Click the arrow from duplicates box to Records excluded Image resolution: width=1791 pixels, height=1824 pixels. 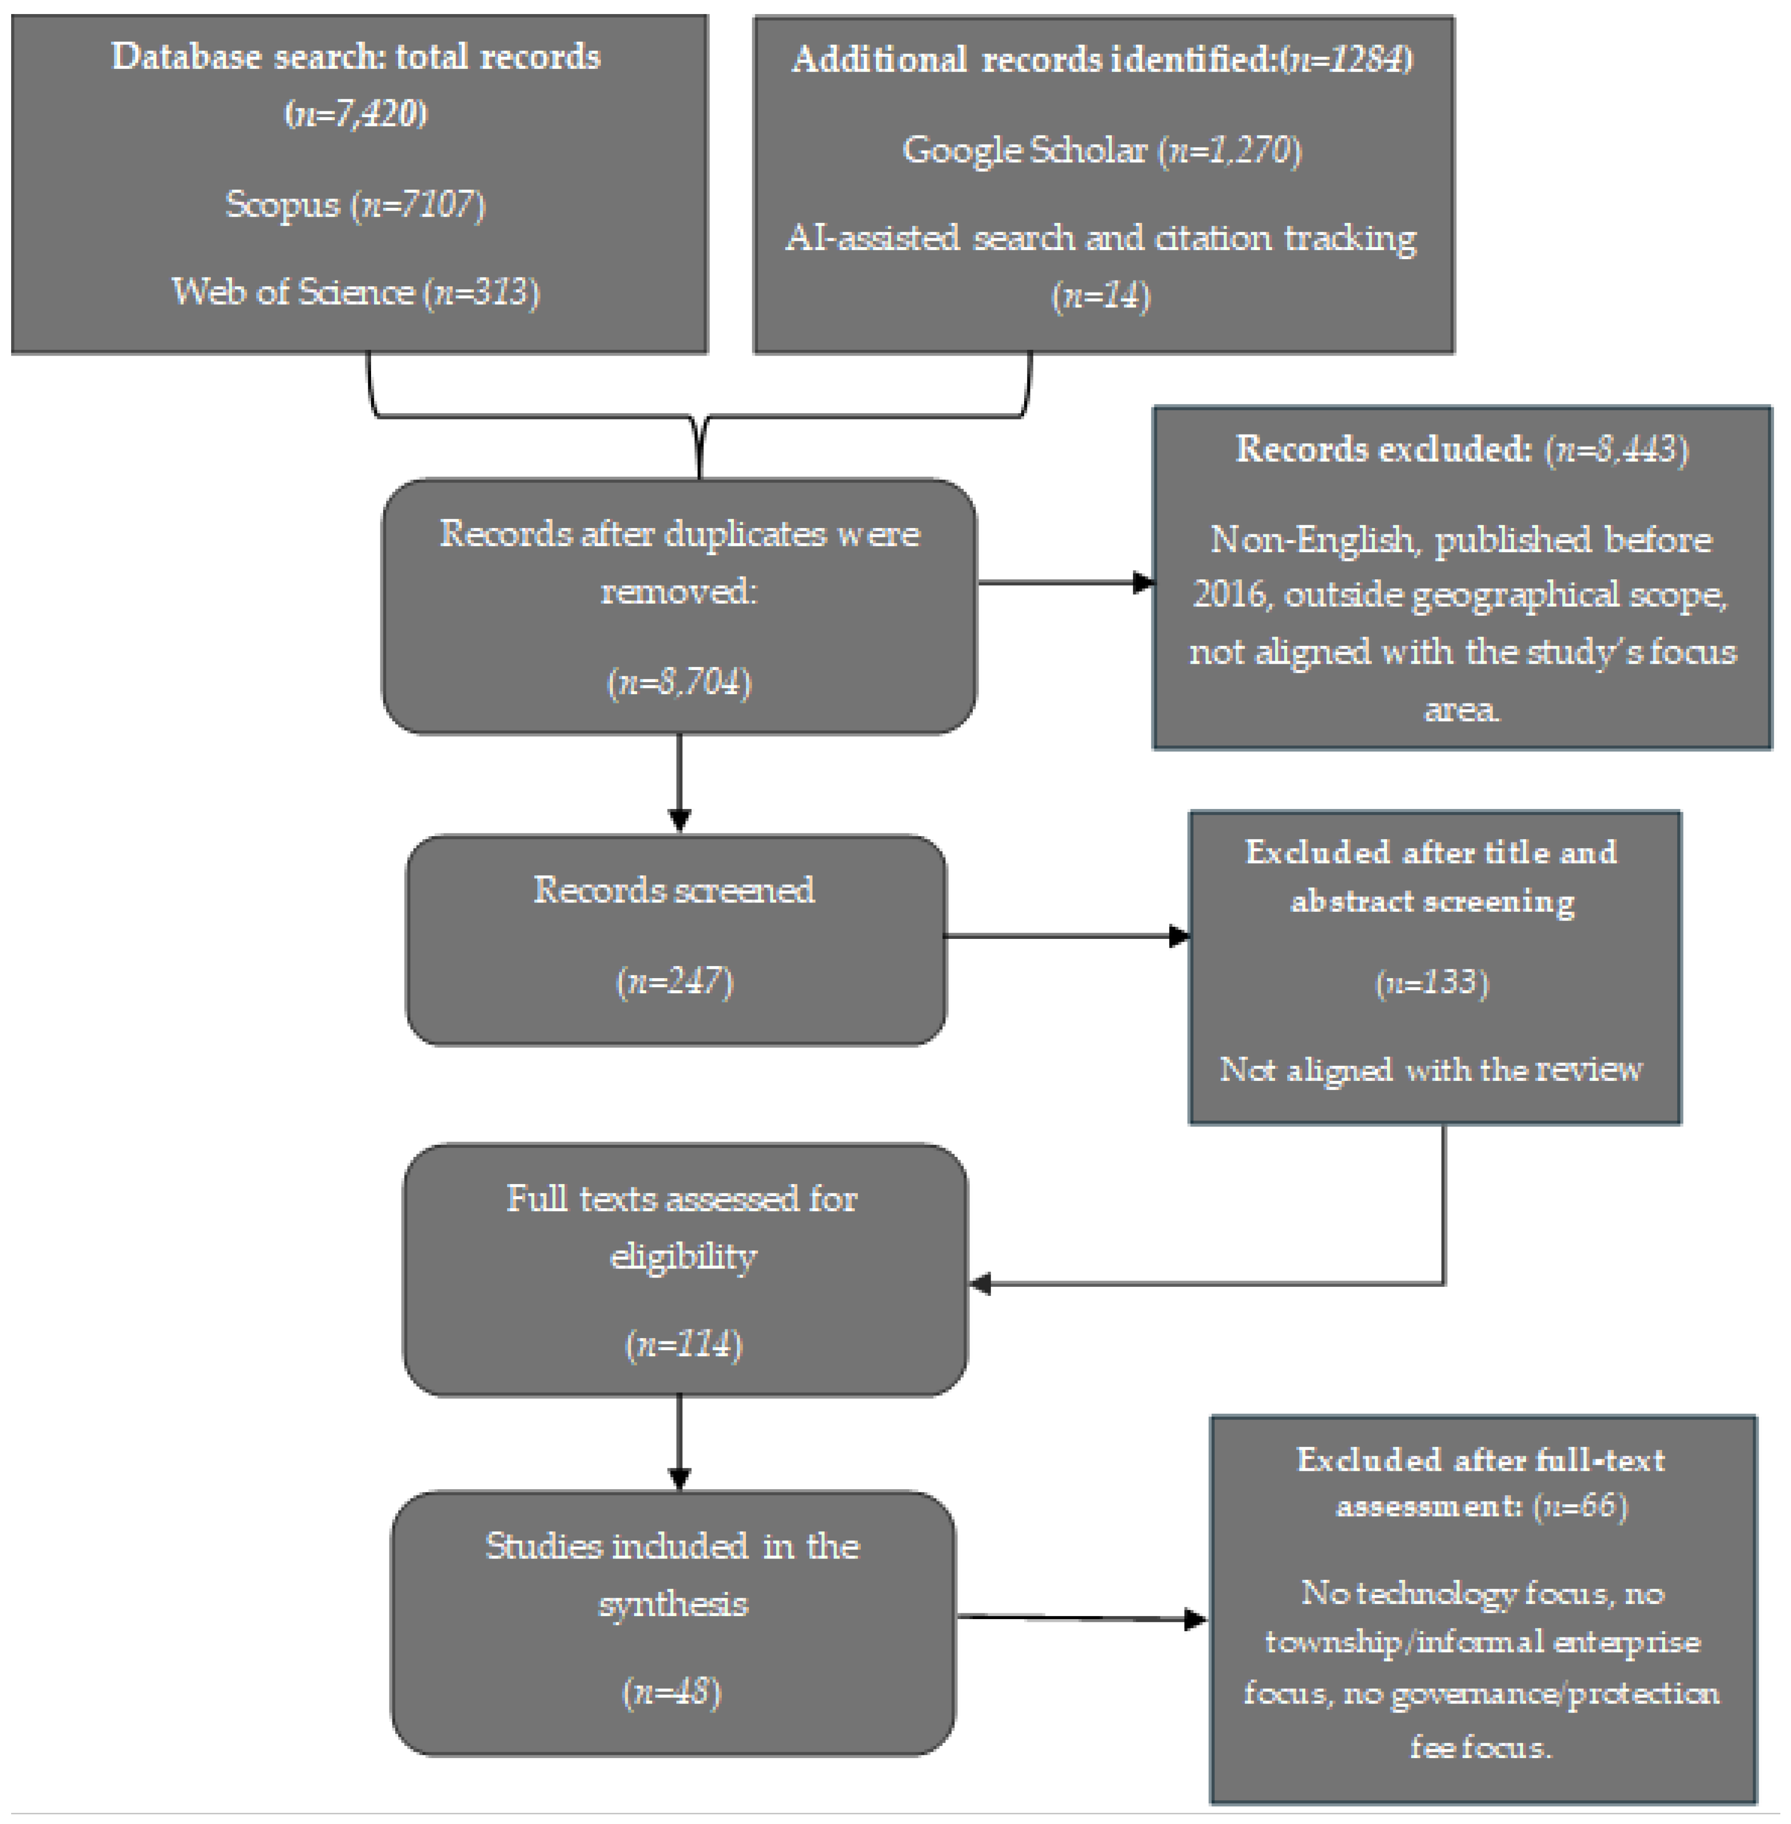1066,583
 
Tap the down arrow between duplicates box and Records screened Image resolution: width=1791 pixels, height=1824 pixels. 679,783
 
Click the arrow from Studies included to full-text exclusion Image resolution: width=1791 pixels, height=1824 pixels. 1082,1618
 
